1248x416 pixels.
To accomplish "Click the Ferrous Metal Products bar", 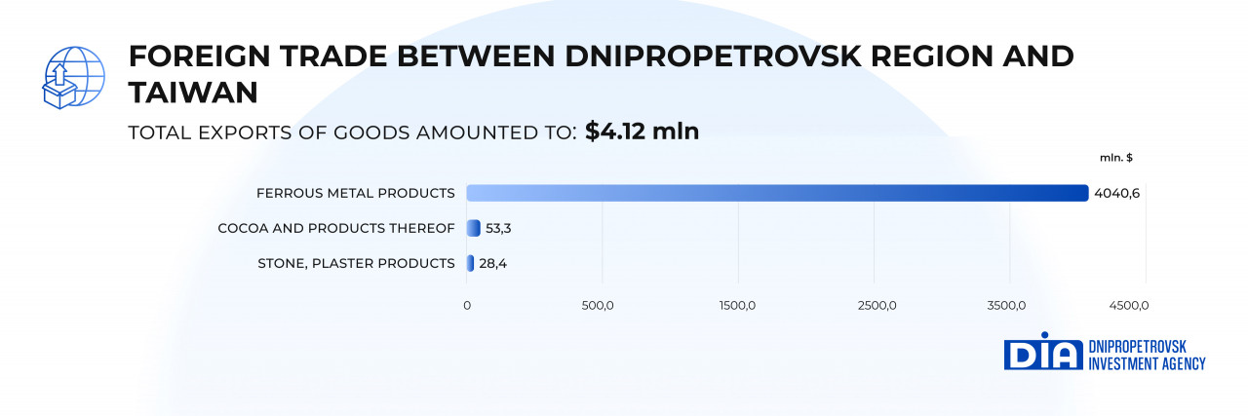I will (x=777, y=193).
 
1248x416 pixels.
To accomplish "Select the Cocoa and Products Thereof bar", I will (x=474, y=228).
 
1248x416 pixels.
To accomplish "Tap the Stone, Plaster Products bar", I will (x=471, y=263).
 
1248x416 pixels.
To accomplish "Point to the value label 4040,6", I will (x=1117, y=193).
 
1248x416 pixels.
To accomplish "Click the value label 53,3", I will (x=499, y=228).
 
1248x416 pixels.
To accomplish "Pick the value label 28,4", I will (x=492, y=263).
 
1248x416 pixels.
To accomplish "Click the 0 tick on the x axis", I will (x=467, y=306).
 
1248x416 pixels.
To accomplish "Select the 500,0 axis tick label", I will (x=597, y=306).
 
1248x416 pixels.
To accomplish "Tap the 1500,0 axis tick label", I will (x=737, y=306).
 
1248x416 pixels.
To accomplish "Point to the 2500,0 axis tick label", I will (x=877, y=306).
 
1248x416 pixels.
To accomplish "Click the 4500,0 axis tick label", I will (x=1129, y=306).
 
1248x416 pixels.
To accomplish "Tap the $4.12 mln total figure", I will (x=642, y=132).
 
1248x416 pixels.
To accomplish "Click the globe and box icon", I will (x=73, y=78).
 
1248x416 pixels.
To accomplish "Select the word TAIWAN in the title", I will (x=193, y=92).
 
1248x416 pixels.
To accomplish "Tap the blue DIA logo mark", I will (x=1043, y=356).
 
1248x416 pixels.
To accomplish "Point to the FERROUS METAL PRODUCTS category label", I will (x=356, y=193).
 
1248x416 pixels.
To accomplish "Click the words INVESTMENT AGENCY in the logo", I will (x=1147, y=363).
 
